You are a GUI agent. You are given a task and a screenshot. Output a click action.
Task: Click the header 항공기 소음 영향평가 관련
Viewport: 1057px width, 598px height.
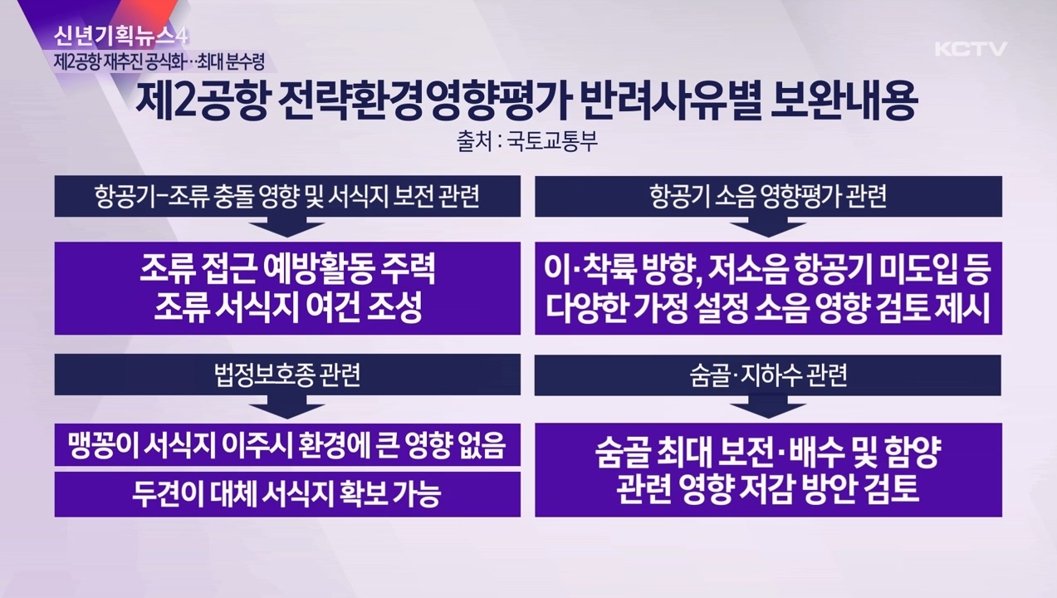coord(768,197)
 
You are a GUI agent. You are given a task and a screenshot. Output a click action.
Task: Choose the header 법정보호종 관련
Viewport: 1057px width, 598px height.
coord(287,375)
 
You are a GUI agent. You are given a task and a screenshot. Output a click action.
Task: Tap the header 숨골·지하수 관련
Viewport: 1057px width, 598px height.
coord(768,375)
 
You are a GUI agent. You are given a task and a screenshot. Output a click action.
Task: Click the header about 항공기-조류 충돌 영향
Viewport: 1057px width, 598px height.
coord(287,197)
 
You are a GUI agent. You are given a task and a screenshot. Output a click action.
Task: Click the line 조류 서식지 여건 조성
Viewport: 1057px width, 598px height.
coord(287,308)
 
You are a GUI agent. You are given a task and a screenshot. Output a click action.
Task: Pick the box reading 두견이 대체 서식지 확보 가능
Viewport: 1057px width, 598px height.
coord(287,494)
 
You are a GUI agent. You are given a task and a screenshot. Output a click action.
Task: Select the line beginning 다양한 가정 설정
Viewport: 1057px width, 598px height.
coord(768,308)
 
